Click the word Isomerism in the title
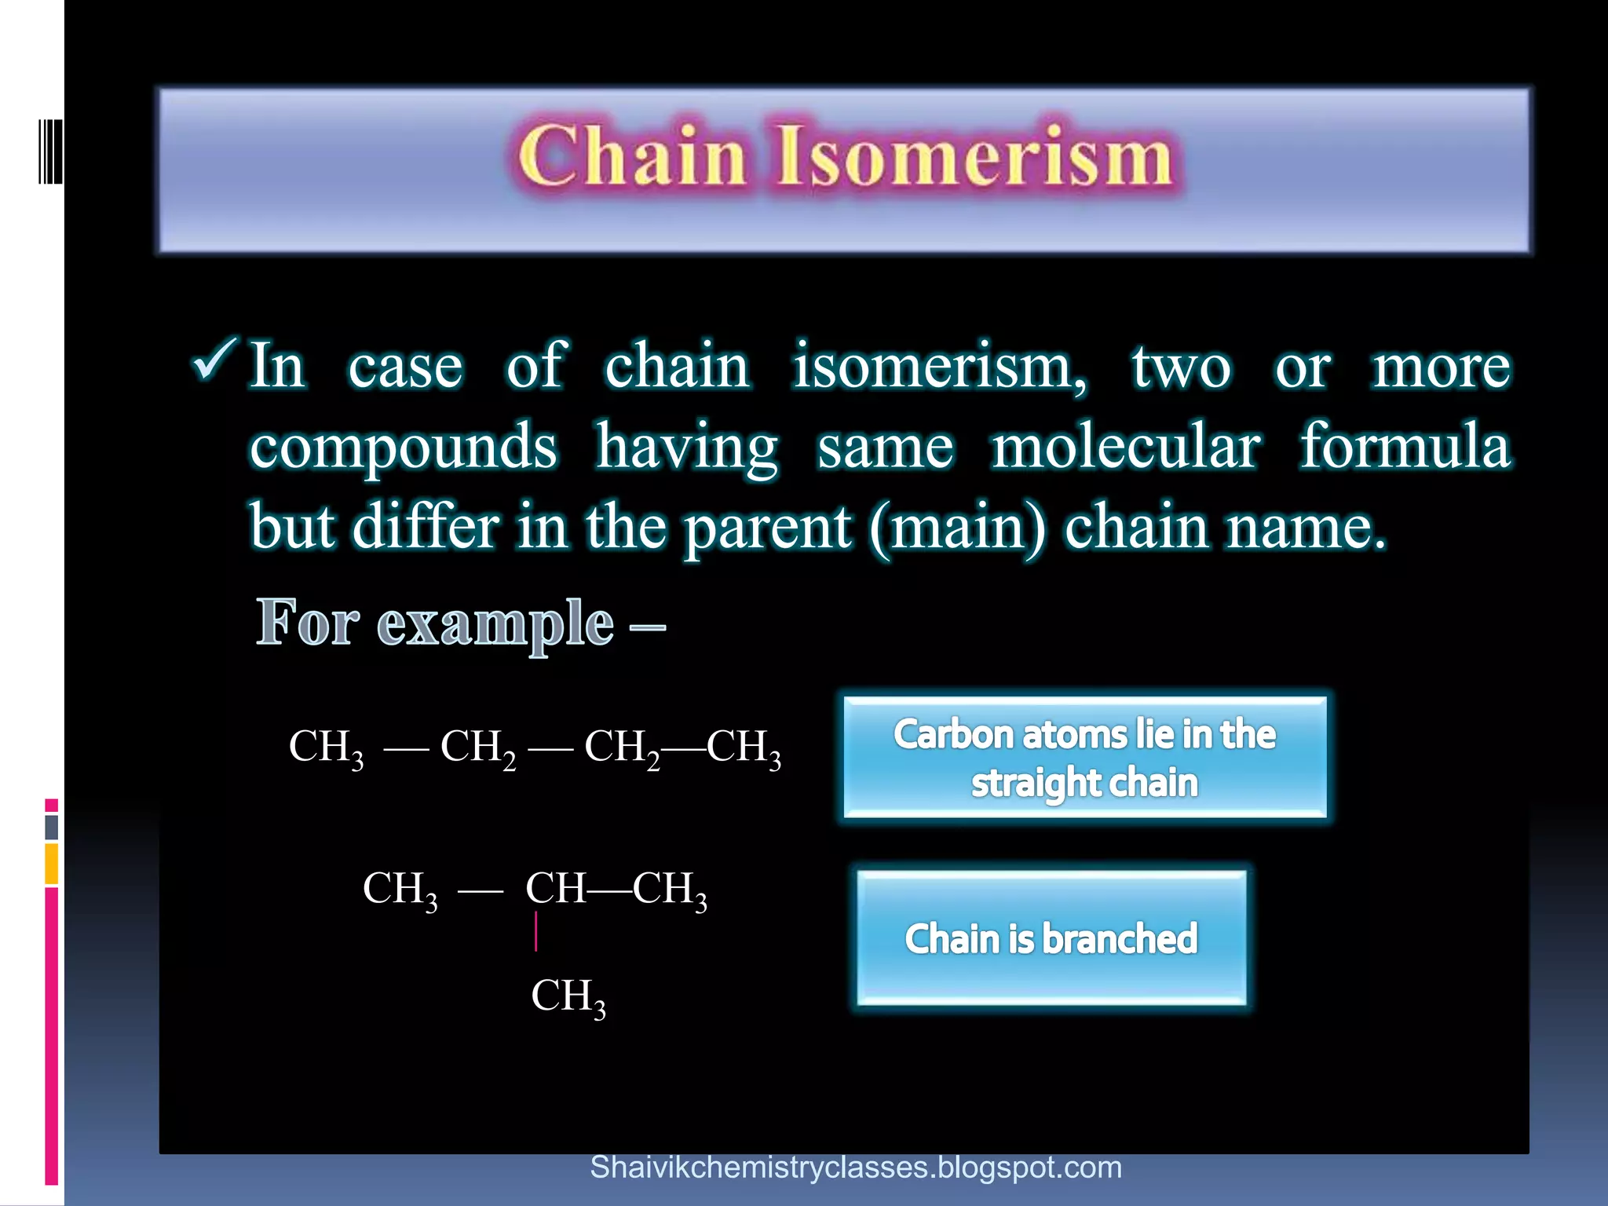(974, 156)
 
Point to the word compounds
(404, 448)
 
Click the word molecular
(1127, 448)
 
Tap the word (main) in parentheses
(958, 528)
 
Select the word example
(495, 624)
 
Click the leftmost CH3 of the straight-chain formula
(326, 747)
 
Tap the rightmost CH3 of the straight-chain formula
(744, 747)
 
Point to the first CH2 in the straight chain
(477, 747)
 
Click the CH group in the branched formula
(554, 889)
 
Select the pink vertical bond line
(536, 932)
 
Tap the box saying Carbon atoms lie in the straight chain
(1084, 758)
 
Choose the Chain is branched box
(1051, 938)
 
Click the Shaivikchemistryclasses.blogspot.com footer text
(856, 1168)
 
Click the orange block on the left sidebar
(51, 864)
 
